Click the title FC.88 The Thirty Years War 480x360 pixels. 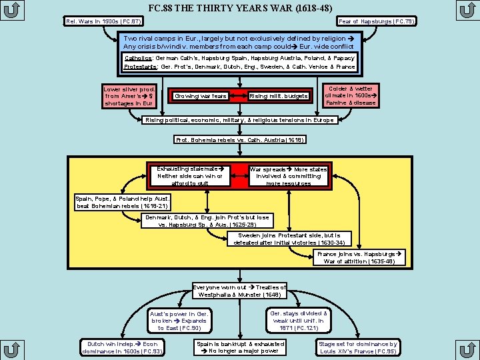pos(240,8)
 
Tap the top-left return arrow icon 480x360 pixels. pos(12,11)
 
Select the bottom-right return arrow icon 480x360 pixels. pos(467,349)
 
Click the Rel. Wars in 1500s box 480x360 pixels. pos(103,21)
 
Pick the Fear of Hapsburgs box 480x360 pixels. pos(377,21)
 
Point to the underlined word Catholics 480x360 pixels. pos(138,58)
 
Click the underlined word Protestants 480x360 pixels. pos(141,67)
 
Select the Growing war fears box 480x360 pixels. pos(201,96)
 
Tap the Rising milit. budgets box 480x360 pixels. pos(278,96)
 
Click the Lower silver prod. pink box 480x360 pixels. pos(129,96)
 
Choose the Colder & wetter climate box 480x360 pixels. pos(351,95)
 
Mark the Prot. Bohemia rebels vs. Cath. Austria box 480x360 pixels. pos(240,140)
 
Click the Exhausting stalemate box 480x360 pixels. pos(190,176)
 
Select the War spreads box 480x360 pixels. pos(289,176)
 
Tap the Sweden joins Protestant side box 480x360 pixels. pos(289,239)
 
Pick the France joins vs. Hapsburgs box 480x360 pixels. pos(359,257)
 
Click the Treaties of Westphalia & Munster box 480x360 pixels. pos(239,291)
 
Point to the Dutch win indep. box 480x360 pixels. pos(122,347)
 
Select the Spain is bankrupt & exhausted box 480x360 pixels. pos(240,347)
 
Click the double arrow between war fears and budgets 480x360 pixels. pos(238,96)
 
